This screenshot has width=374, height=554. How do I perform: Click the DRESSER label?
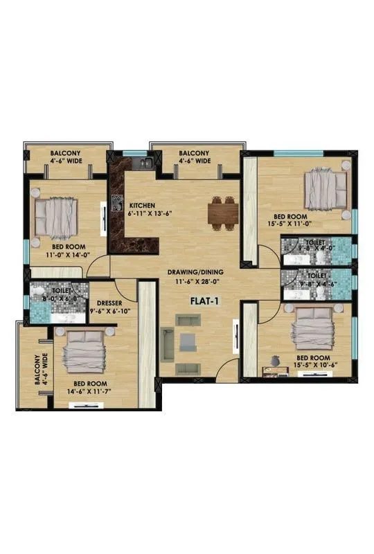[111, 303]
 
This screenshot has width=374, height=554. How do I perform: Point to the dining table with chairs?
[223, 213]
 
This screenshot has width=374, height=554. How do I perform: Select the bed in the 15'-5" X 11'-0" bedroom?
[326, 190]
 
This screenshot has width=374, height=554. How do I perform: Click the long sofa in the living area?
[167, 343]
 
